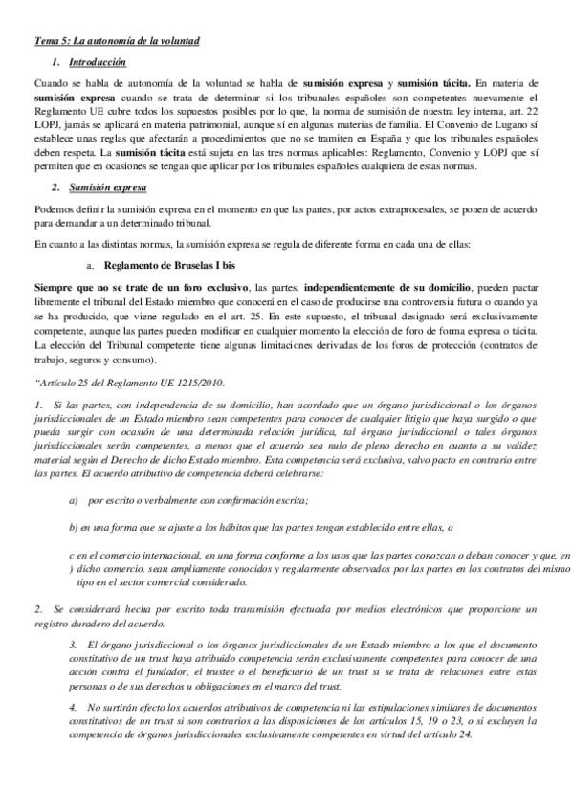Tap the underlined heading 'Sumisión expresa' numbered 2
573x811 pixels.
point(106,187)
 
